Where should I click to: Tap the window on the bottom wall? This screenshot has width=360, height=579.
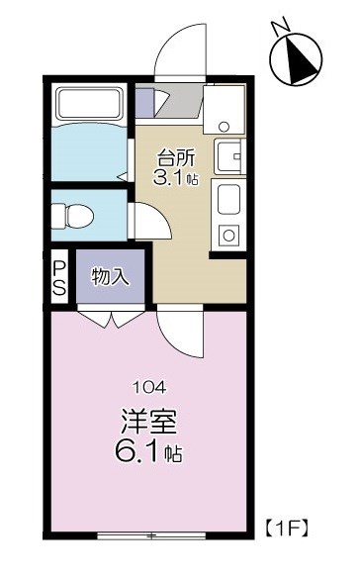pyautogui.click(x=151, y=536)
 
